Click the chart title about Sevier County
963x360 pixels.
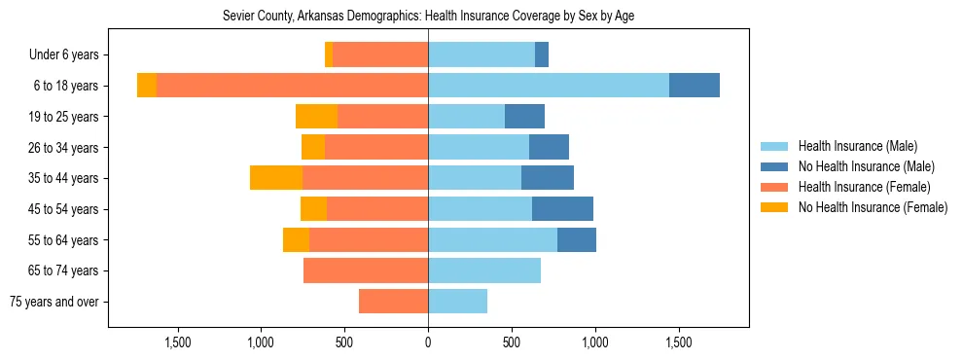pyautogui.click(x=429, y=17)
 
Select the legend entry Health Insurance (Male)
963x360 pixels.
pyautogui.click(x=857, y=146)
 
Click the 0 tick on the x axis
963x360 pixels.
pyautogui.click(x=428, y=342)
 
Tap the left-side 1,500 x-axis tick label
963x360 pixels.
pyautogui.click(x=178, y=342)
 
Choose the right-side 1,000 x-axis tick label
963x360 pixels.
pyautogui.click(x=594, y=342)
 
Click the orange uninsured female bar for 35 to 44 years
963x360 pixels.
pyautogui.click(x=276, y=178)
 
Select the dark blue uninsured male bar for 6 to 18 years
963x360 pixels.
pyautogui.click(x=695, y=86)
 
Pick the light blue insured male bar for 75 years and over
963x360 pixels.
pyautogui.click(x=457, y=302)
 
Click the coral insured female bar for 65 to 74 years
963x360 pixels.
pyautogui.click(x=366, y=270)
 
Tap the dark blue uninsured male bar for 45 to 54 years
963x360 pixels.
pyautogui.click(x=562, y=209)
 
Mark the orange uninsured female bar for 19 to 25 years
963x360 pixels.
pyautogui.click(x=316, y=117)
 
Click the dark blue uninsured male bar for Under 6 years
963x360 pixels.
pyautogui.click(x=542, y=55)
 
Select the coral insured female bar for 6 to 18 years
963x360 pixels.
pyautogui.click(x=292, y=86)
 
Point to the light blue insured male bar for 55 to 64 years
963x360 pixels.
pyautogui.click(x=492, y=240)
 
